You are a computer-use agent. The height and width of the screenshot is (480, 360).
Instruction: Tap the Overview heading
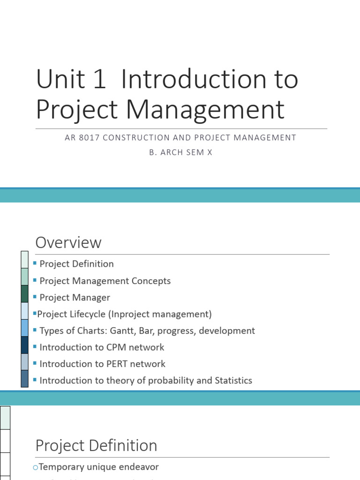click(x=68, y=243)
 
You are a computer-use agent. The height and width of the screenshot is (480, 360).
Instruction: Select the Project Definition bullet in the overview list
click(x=76, y=264)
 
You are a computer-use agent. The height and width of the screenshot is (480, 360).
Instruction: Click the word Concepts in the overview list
click(x=152, y=281)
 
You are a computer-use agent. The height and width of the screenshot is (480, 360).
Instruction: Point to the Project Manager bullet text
click(x=75, y=298)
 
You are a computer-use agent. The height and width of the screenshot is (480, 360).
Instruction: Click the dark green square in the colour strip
click(x=25, y=294)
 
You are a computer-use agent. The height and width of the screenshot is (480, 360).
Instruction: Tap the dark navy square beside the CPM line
click(x=25, y=345)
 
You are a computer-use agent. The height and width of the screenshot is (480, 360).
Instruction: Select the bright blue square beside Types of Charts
click(x=25, y=328)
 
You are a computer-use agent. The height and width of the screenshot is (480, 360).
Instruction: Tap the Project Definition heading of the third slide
click(x=97, y=446)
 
